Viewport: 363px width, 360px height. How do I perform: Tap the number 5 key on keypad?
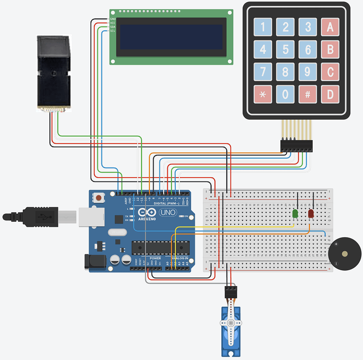[285, 49]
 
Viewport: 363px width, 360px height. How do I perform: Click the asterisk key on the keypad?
[263, 94]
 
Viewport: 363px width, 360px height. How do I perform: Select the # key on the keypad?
[307, 94]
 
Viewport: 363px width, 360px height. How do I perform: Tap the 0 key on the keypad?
[285, 94]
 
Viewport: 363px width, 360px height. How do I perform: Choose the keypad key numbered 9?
[307, 72]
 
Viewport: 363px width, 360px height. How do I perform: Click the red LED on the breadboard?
[311, 214]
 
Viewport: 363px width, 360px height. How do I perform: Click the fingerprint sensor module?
[54, 72]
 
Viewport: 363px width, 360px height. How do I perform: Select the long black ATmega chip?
[161, 248]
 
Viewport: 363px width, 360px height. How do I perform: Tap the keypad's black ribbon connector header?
[296, 145]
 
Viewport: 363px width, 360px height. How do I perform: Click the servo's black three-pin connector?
[231, 290]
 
